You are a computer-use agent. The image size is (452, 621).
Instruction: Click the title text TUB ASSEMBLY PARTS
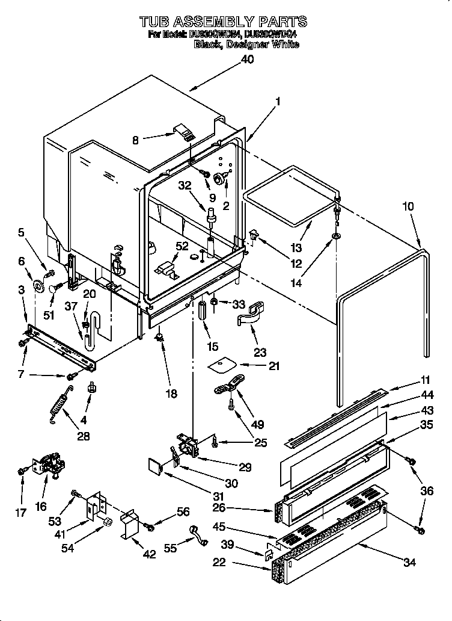coord(223,22)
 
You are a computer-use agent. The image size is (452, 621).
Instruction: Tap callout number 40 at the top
coord(247,59)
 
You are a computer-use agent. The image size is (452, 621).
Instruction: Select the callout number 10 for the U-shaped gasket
coord(408,206)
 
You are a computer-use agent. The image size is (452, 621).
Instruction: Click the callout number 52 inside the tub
coord(182,246)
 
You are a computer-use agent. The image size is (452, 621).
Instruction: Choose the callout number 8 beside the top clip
coord(135,140)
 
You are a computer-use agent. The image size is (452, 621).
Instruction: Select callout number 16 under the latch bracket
coord(40,506)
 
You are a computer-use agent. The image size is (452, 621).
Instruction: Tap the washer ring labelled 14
coord(335,235)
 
